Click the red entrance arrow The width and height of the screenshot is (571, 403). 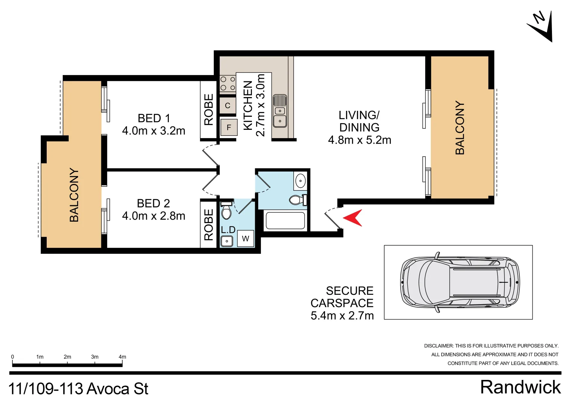point(353,218)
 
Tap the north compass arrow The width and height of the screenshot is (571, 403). point(541,26)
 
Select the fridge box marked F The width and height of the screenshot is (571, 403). point(229,127)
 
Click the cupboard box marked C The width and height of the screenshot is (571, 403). point(228,106)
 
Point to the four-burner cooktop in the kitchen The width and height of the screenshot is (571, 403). point(228,84)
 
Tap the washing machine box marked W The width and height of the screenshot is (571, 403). point(245,239)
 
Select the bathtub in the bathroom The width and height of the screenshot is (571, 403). point(285,220)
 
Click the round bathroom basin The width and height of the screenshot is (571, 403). point(300,181)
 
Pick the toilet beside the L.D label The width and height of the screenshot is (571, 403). point(226,211)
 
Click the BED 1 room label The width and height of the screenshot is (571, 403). point(154,118)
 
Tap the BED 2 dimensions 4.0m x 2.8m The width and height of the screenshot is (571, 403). point(154,216)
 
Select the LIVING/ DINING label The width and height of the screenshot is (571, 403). point(359,121)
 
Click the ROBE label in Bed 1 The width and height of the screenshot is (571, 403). point(209,109)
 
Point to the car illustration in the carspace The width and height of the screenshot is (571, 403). point(460,282)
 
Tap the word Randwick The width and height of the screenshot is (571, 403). point(520,387)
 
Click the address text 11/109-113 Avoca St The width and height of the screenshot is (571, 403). point(78,389)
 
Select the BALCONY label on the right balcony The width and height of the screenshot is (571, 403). point(460,128)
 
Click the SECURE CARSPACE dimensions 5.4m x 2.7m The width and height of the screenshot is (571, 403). point(342,316)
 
